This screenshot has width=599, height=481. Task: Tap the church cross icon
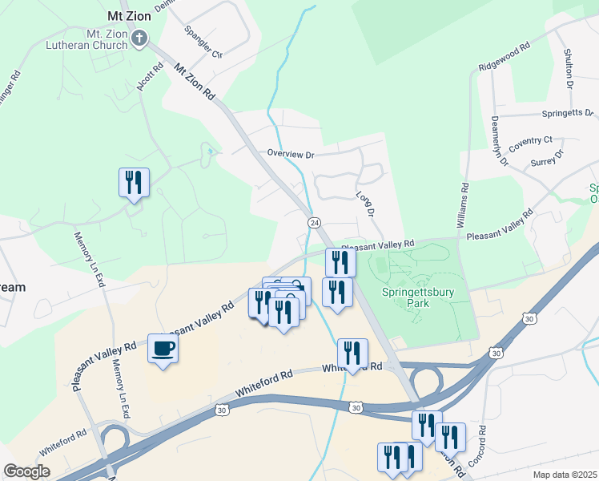click(x=140, y=37)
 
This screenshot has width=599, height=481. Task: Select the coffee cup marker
click(x=163, y=349)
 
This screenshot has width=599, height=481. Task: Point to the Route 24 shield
click(x=315, y=222)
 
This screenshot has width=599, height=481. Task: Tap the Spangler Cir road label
click(x=203, y=42)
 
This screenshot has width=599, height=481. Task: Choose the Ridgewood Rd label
click(x=505, y=55)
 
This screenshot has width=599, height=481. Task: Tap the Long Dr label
click(x=365, y=204)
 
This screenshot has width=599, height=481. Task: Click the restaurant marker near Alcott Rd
click(x=134, y=182)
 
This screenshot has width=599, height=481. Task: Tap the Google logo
click(x=27, y=471)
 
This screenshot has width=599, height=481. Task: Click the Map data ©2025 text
click(x=565, y=475)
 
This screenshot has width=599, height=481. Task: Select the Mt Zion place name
click(x=127, y=16)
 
